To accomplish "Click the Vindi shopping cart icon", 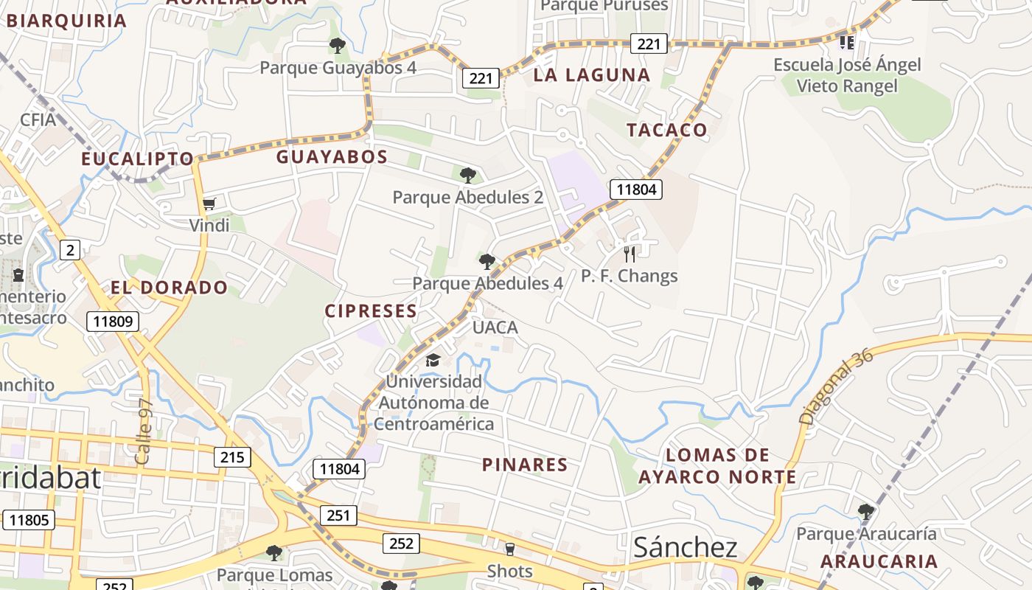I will [209, 204].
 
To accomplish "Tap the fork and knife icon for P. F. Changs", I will [630, 254].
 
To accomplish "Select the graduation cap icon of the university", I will [433, 360].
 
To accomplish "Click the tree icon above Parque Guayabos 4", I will [338, 46].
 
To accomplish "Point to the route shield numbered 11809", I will [113, 322].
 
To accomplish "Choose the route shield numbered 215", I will [232, 457].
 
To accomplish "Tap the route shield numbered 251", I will [338, 515].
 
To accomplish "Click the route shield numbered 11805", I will [29, 520].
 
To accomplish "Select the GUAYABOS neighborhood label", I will [332, 157].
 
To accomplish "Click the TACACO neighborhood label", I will [667, 131].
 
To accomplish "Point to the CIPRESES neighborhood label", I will [372, 311].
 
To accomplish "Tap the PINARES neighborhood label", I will [525, 465].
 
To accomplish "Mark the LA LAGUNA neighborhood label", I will [592, 75].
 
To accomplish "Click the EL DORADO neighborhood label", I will [170, 288].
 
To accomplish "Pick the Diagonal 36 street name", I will [836, 386].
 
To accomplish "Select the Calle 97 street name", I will [144, 431].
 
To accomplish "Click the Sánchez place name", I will [686, 547].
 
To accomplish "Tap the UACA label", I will [495, 327].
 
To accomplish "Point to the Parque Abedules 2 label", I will [468, 198].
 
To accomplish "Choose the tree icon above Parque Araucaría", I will [866, 510].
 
